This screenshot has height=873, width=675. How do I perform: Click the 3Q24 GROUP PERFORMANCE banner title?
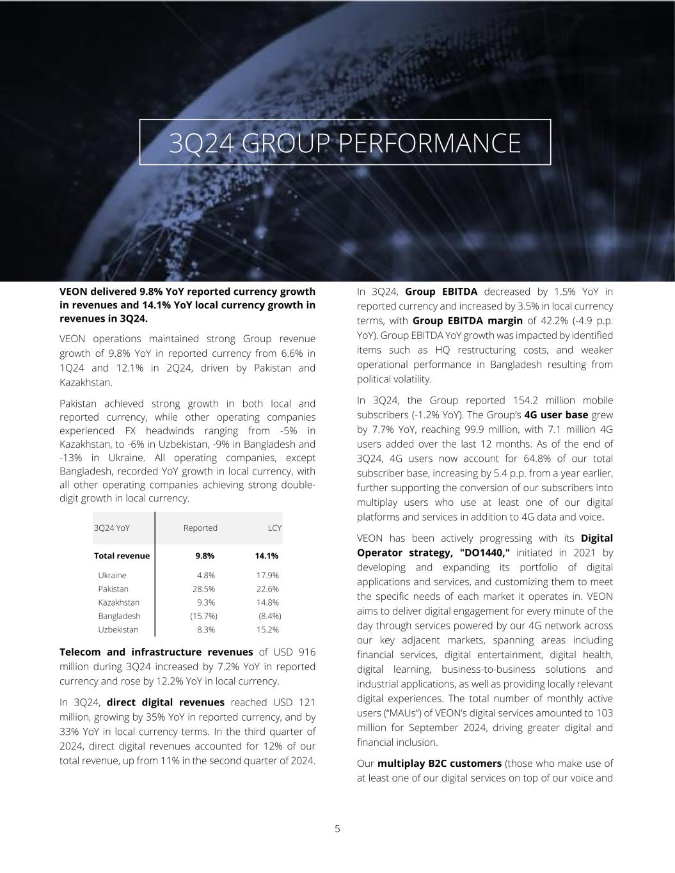pyautogui.click(x=345, y=143)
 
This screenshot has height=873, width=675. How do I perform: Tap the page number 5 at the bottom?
pyautogui.click(x=338, y=829)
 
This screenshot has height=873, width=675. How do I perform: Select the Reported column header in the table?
pyautogui.click(x=200, y=528)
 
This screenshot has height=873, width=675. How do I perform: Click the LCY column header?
pyautogui.click(x=274, y=528)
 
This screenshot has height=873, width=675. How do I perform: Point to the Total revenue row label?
pyautogui.click(x=122, y=556)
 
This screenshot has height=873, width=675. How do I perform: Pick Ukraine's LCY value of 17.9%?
pyautogui.click(x=267, y=576)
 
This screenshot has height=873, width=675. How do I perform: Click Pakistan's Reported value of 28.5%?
pyautogui.click(x=203, y=589)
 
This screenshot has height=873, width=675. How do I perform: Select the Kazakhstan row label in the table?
pyautogui.click(x=118, y=602)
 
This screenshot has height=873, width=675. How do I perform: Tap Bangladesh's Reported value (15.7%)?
pyautogui.click(x=203, y=616)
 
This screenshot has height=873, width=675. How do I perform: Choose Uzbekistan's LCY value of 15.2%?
pyautogui.click(x=267, y=629)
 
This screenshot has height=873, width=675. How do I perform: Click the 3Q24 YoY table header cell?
pyautogui.click(x=112, y=528)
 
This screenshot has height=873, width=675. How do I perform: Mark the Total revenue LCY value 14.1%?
pyautogui.click(x=266, y=556)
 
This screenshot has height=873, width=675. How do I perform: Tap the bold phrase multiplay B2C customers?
pyautogui.click(x=440, y=764)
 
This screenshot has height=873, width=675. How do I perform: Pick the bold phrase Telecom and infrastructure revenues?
pyautogui.click(x=156, y=652)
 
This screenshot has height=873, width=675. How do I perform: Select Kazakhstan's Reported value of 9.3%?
pyautogui.click(x=206, y=602)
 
